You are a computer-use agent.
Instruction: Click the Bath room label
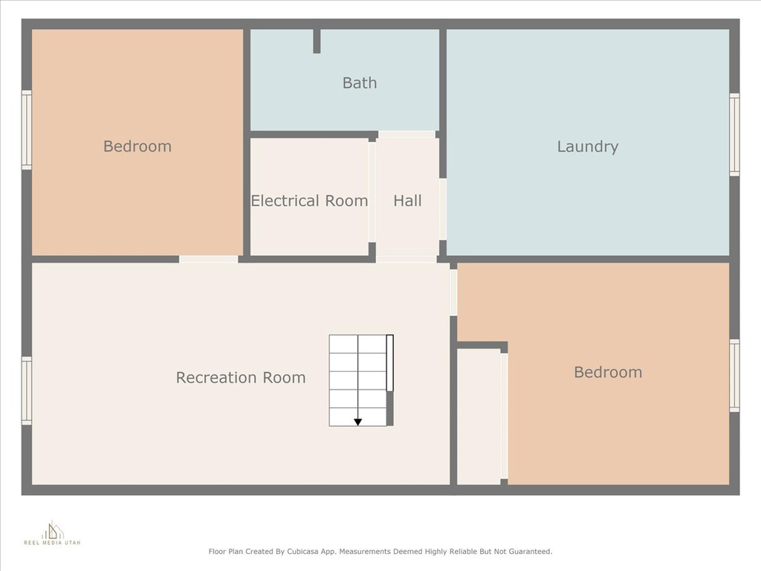(360, 83)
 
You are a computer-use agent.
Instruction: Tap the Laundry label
(587, 146)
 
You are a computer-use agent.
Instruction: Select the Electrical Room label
(309, 201)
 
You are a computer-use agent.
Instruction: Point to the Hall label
(407, 201)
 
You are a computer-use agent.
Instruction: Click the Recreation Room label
(241, 377)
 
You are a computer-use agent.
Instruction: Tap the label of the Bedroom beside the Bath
(137, 146)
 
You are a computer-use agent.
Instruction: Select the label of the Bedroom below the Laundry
(608, 372)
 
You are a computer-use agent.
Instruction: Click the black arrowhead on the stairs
(357, 422)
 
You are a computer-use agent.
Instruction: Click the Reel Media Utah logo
(52, 533)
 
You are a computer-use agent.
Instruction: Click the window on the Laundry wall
(735, 135)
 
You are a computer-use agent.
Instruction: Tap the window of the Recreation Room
(27, 391)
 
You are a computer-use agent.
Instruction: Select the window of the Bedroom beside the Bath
(27, 130)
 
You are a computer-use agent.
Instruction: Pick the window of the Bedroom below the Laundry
(735, 375)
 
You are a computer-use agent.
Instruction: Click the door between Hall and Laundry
(443, 209)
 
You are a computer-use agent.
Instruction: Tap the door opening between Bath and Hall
(407, 135)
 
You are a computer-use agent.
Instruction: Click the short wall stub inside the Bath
(317, 41)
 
